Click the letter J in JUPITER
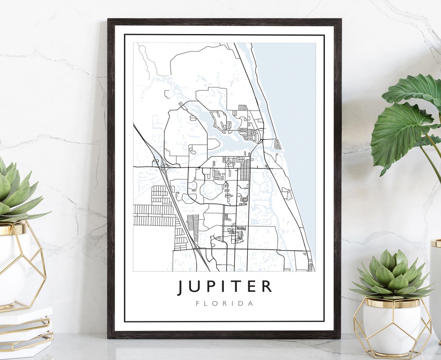[x=181, y=287]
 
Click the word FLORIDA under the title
[x=224, y=304]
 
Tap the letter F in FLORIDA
[x=198, y=304]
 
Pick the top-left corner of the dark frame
[x=109, y=20]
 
